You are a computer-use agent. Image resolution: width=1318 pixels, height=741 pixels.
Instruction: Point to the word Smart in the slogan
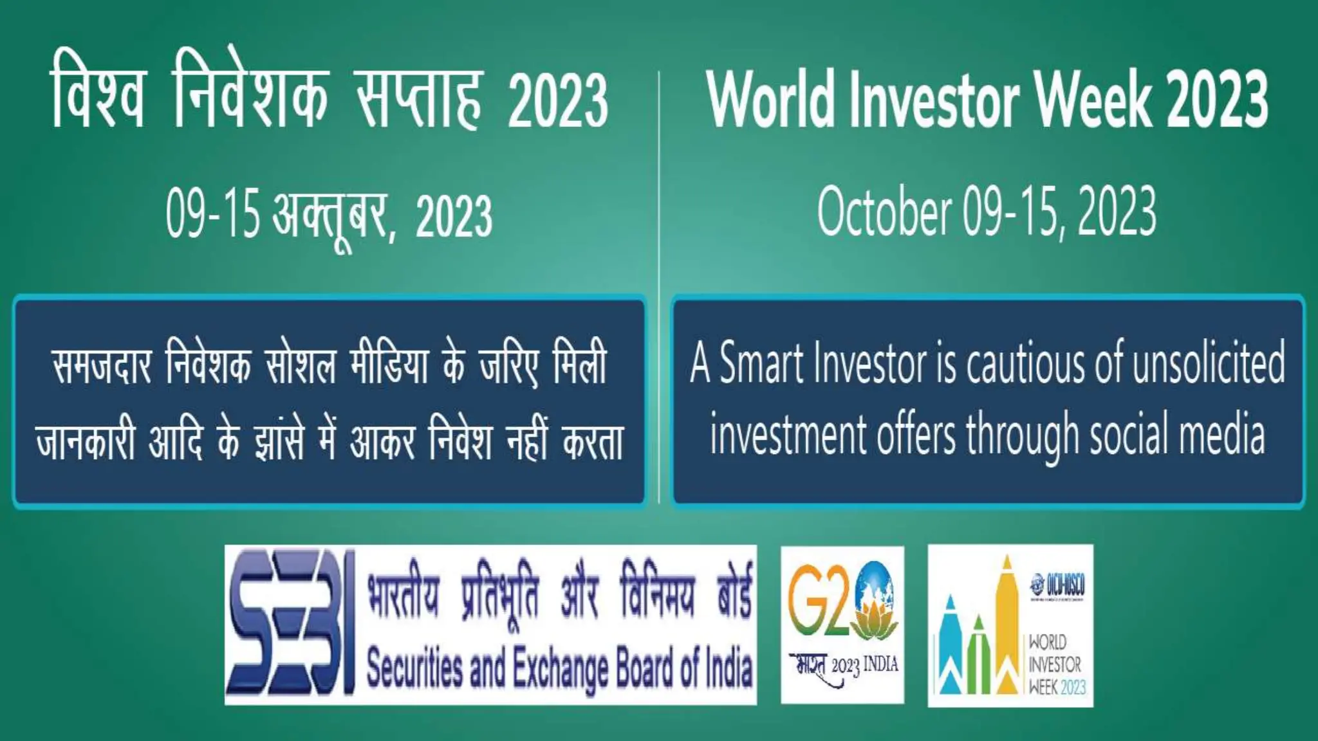coord(762,363)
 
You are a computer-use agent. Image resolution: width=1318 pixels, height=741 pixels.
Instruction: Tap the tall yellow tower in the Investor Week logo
coord(1007,624)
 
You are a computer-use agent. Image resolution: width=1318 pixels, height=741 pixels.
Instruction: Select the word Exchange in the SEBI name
coord(560,669)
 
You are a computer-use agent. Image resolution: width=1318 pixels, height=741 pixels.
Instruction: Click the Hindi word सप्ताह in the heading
coord(419,100)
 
